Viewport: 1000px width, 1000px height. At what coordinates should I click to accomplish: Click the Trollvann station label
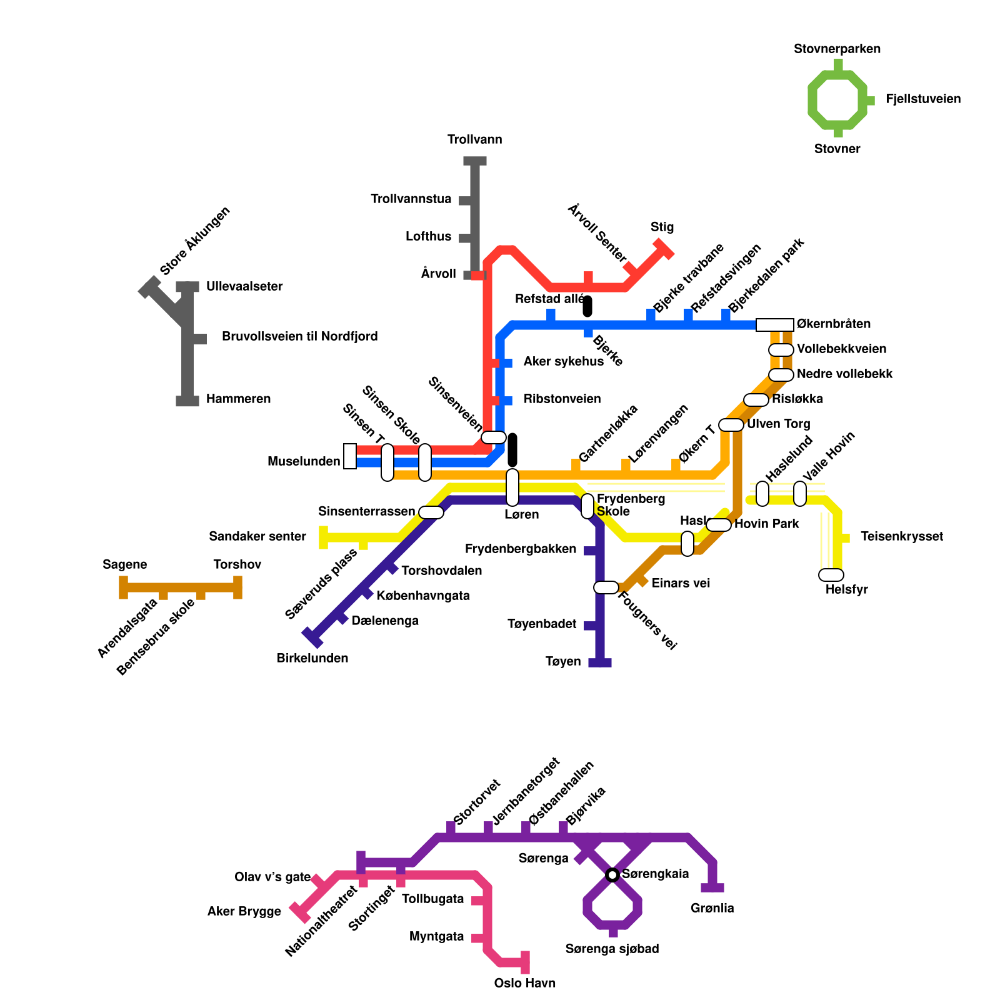(x=474, y=139)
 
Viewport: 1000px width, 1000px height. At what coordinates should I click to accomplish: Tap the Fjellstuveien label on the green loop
(x=922, y=99)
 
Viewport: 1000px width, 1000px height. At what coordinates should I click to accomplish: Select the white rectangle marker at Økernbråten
(x=774, y=324)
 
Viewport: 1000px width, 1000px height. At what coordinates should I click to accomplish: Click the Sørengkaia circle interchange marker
(x=612, y=874)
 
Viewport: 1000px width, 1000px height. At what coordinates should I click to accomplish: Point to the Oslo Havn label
(x=524, y=983)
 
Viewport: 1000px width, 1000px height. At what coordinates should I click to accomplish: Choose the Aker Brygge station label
(x=244, y=911)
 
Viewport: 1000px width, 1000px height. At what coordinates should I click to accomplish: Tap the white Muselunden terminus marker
(x=350, y=456)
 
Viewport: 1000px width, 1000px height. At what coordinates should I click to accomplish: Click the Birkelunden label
(x=312, y=658)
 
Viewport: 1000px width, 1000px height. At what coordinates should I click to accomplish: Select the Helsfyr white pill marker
(x=831, y=575)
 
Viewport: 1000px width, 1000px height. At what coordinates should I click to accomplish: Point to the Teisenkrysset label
(x=901, y=536)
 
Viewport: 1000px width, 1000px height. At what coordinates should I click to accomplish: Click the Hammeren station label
(x=238, y=399)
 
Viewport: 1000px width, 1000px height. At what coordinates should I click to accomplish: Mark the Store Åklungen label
(x=195, y=241)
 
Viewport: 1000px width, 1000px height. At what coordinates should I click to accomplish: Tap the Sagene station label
(x=124, y=564)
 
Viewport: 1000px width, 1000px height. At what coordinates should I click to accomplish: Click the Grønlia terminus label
(x=712, y=908)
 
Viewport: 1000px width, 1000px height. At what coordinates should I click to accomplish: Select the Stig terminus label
(x=662, y=227)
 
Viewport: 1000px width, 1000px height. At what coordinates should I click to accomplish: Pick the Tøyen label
(x=562, y=661)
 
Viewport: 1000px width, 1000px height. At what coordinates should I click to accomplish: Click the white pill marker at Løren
(x=512, y=487)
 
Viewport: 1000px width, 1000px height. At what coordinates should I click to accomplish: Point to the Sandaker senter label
(x=257, y=536)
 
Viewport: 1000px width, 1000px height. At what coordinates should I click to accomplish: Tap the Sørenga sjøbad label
(x=612, y=949)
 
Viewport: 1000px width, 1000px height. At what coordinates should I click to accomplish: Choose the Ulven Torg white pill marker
(x=731, y=425)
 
